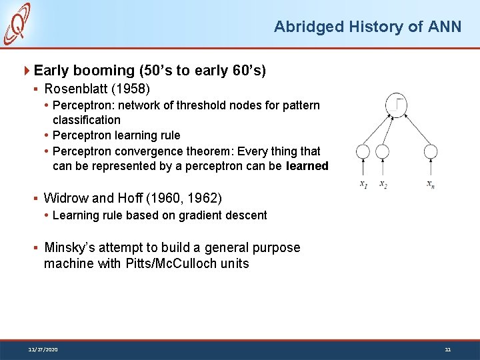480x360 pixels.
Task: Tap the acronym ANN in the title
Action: [x=445, y=27]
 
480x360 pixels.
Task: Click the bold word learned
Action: [x=307, y=166]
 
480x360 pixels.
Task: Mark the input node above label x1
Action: [x=363, y=152]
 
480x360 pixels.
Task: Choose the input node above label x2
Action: [x=382, y=152]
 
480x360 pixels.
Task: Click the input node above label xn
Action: [x=430, y=152]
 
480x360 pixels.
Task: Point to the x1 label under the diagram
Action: [x=363, y=184]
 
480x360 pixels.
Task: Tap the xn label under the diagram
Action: [x=431, y=184]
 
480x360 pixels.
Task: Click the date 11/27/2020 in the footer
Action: [x=43, y=349]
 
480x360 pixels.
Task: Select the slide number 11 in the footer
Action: [x=447, y=349]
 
